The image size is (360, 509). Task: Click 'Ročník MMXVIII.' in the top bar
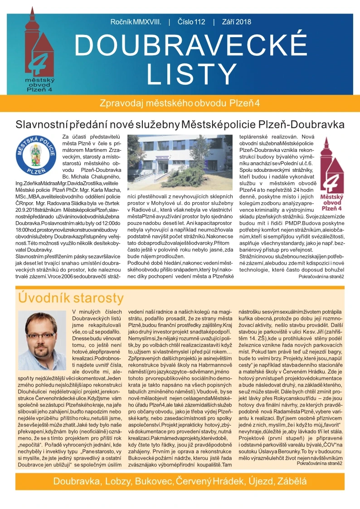(x=136, y=22)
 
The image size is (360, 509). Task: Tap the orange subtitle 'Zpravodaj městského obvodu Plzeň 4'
(x=180, y=102)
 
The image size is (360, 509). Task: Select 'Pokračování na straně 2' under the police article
(x=321, y=276)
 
